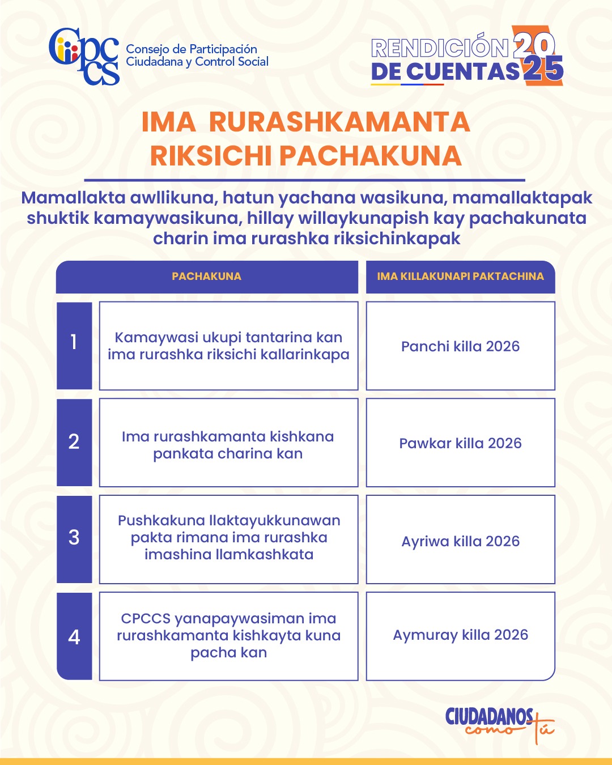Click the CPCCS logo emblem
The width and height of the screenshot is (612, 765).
pos(84,56)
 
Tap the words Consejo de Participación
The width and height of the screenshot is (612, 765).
pos(191,49)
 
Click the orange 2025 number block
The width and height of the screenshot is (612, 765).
pos(537,56)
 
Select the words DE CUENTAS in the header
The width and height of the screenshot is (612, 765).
pos(445,72)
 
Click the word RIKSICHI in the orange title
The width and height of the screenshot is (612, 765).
pos(211,156)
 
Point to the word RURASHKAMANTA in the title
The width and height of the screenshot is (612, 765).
pos(339,122)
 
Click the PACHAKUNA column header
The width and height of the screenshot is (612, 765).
pos(207,277)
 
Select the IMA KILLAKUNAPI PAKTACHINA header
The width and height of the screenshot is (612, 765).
pos(460,277)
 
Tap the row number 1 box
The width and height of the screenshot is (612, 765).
pos(74,346)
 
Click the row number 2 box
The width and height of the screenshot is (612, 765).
pos(74,442)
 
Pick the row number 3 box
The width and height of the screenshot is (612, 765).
pos(74,539)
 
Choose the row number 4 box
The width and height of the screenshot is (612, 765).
pos(74,636)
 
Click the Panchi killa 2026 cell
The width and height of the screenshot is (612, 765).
pos(460,346)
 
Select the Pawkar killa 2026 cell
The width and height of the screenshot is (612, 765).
pos(460,443)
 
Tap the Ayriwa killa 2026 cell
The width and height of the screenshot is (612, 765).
pos(460,541)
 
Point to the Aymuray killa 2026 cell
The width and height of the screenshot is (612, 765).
pos(460,635)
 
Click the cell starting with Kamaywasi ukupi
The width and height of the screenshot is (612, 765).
pos(228,346)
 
